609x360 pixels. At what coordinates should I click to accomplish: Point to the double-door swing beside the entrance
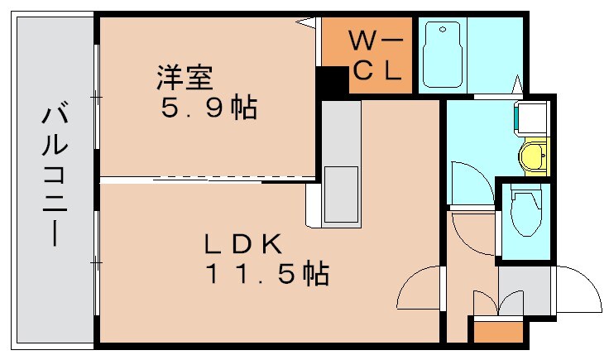click(x=498, y=303)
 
